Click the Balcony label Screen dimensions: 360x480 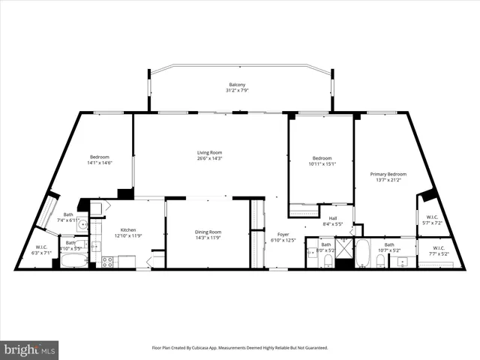pyautogui.click(x=237, y=85)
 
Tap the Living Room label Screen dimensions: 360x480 pyautogui.click(x=208, y=151)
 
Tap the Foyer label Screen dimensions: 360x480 pyautogui.click(x=283, y=234)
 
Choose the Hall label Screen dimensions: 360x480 pyautogui.click(x=333, y=218)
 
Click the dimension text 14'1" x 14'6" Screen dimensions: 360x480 pyautogui.click(x=100, y=163)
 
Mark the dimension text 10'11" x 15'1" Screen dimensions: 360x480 pyautogui.click(x=322, y=163)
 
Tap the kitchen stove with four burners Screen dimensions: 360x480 pyautogui.click(x=107, y=262)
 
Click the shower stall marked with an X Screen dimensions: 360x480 pyautogui.click(x=344, y=247)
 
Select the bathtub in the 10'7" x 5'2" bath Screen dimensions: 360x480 pyautogui.click(x=362, y=254)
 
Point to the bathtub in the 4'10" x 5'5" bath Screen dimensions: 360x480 pyautogui.click(x=73, y=262)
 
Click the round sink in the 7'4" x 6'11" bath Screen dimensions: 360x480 pyautogui.click(x=82, y=223)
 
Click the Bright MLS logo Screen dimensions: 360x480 pyautogui.click(x=29, y=349)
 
